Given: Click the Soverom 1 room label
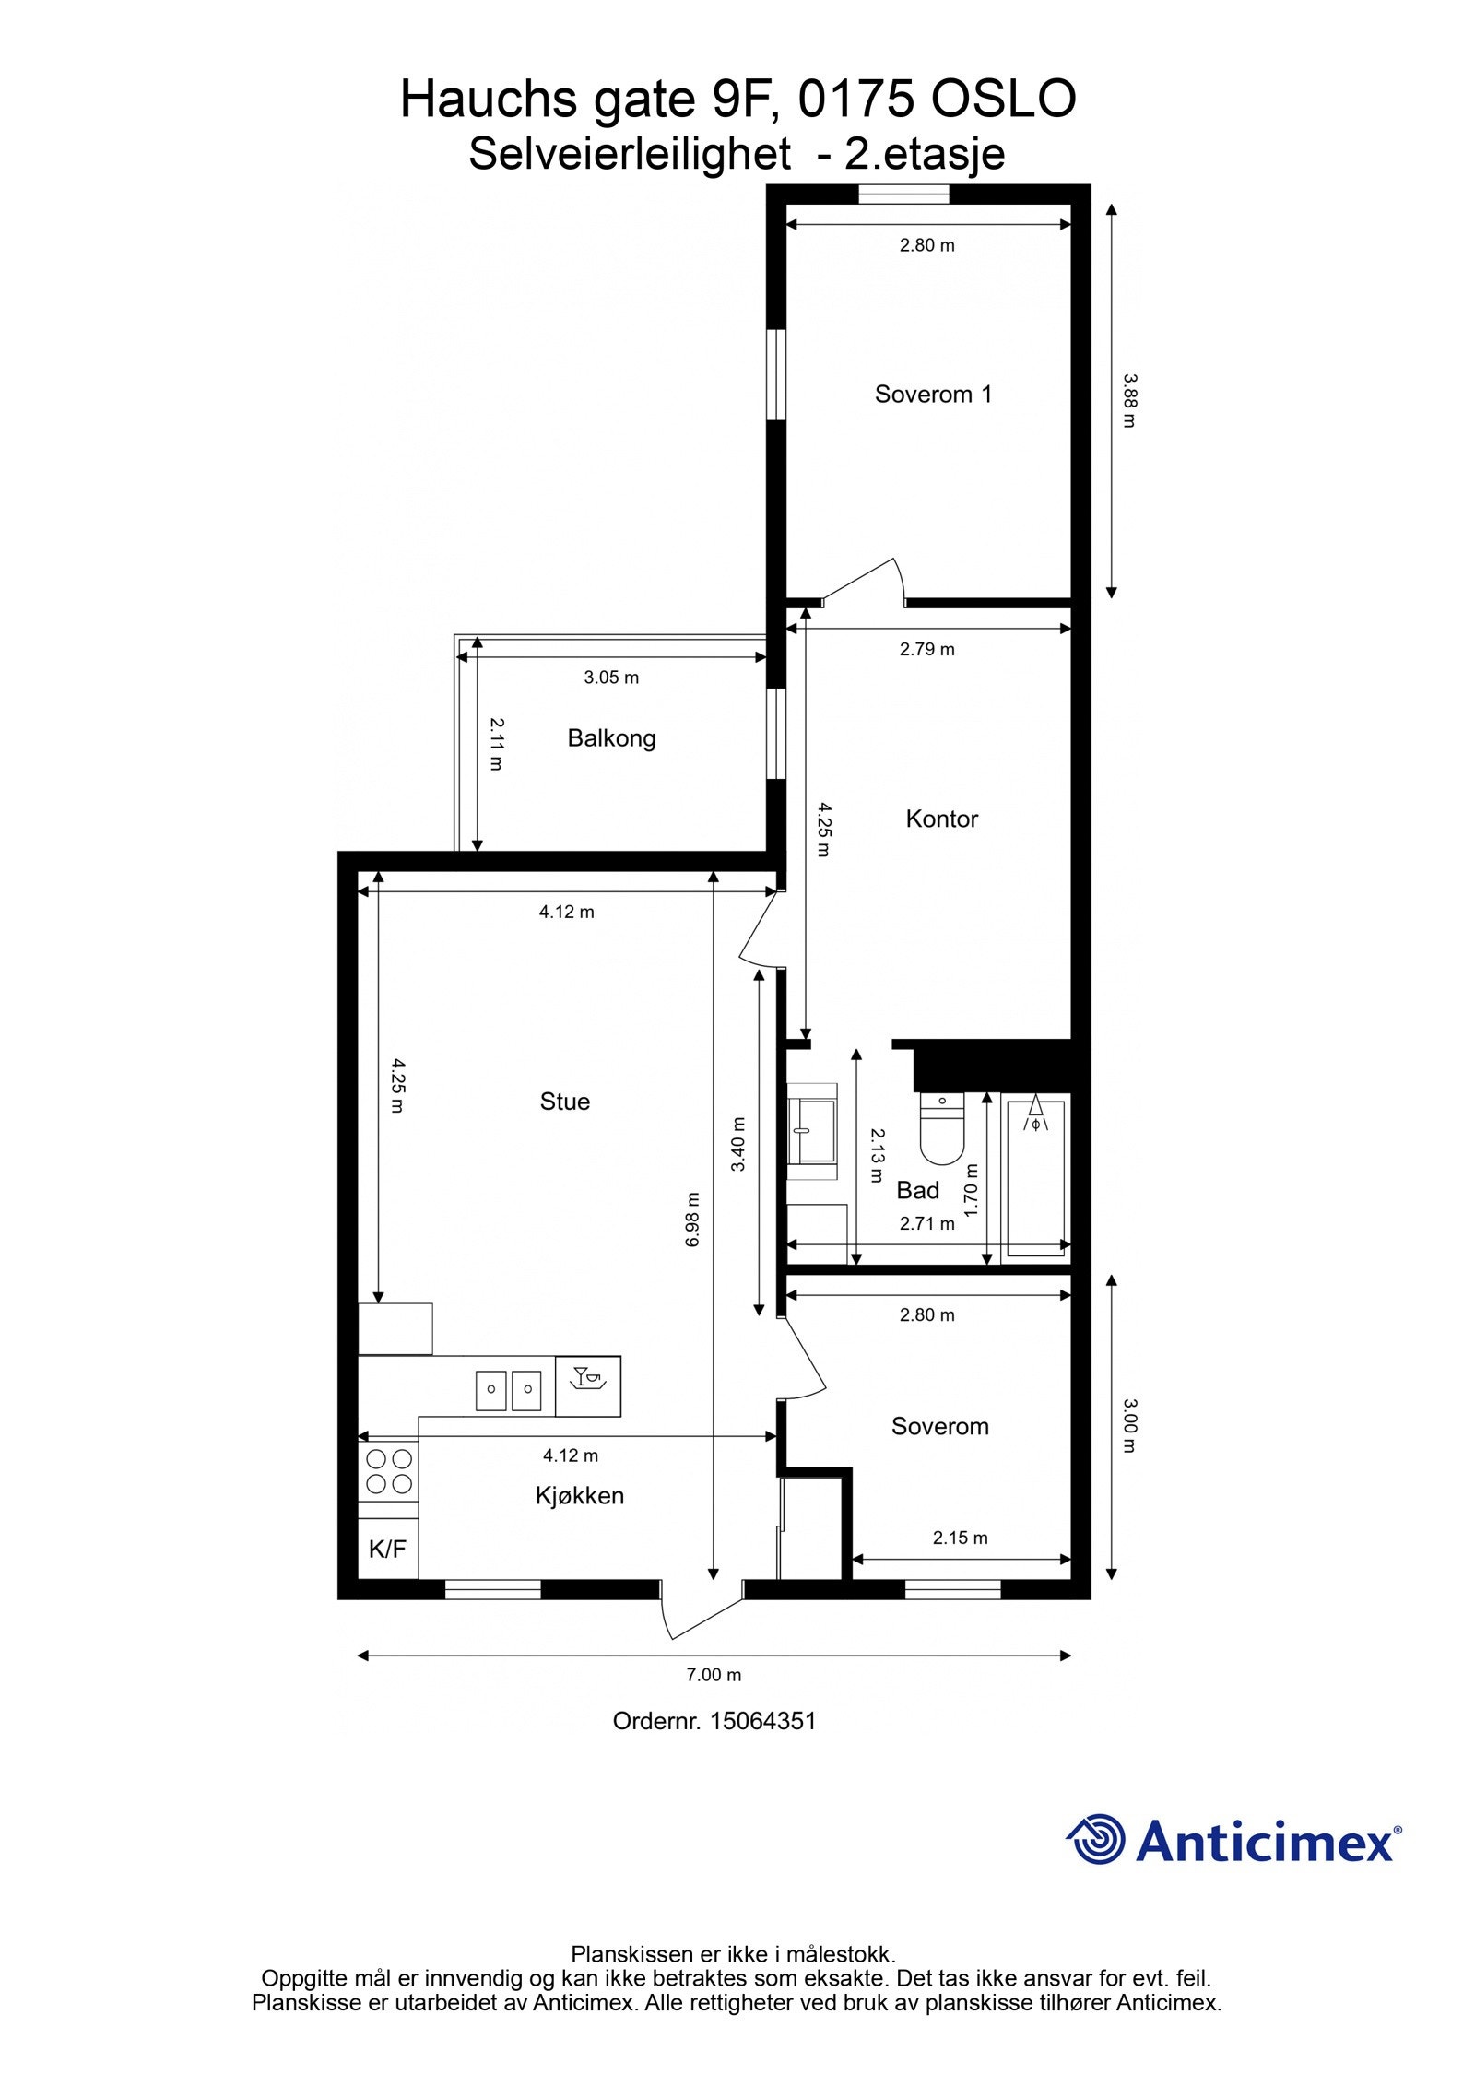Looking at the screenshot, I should pyautogui.click(x=933, y=395).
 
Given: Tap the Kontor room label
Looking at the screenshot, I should pyautogui.click(x=941, y=819).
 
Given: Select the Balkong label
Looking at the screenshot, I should pyautogui.click(x=611, y=738).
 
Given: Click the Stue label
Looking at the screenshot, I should pyautogui.click(x=564, y=1102).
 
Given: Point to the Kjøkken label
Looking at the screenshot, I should pyautogui.click(x=579, y=1495).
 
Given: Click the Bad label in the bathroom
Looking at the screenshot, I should pyautogui.click(x=917, y=1190).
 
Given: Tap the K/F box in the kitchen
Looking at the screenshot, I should pyautogui.click(x=387, y=1550).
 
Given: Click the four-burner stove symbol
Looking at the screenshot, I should pyautogui.click(x=388, y=1471).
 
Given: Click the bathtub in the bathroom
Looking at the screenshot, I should pyautogui.click(x=1035, y=1175).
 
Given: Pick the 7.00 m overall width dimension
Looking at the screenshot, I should pyautogui.click(x=714, y=1675).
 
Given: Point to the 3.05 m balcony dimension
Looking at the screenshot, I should pyautogui.click(x=611, y=678).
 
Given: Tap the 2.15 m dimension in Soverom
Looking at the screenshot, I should pyautogui.click(x=960, y=1538).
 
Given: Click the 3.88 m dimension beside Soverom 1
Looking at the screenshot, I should pyautogui.click(x=1129, y=400).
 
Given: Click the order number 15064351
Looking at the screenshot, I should pyautogui.click(x=761, y=1721).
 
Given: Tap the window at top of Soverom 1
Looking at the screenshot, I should pyautogui.click(x=903, y=194).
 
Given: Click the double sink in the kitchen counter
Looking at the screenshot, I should pyautogui.click(x=508, y=1391).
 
